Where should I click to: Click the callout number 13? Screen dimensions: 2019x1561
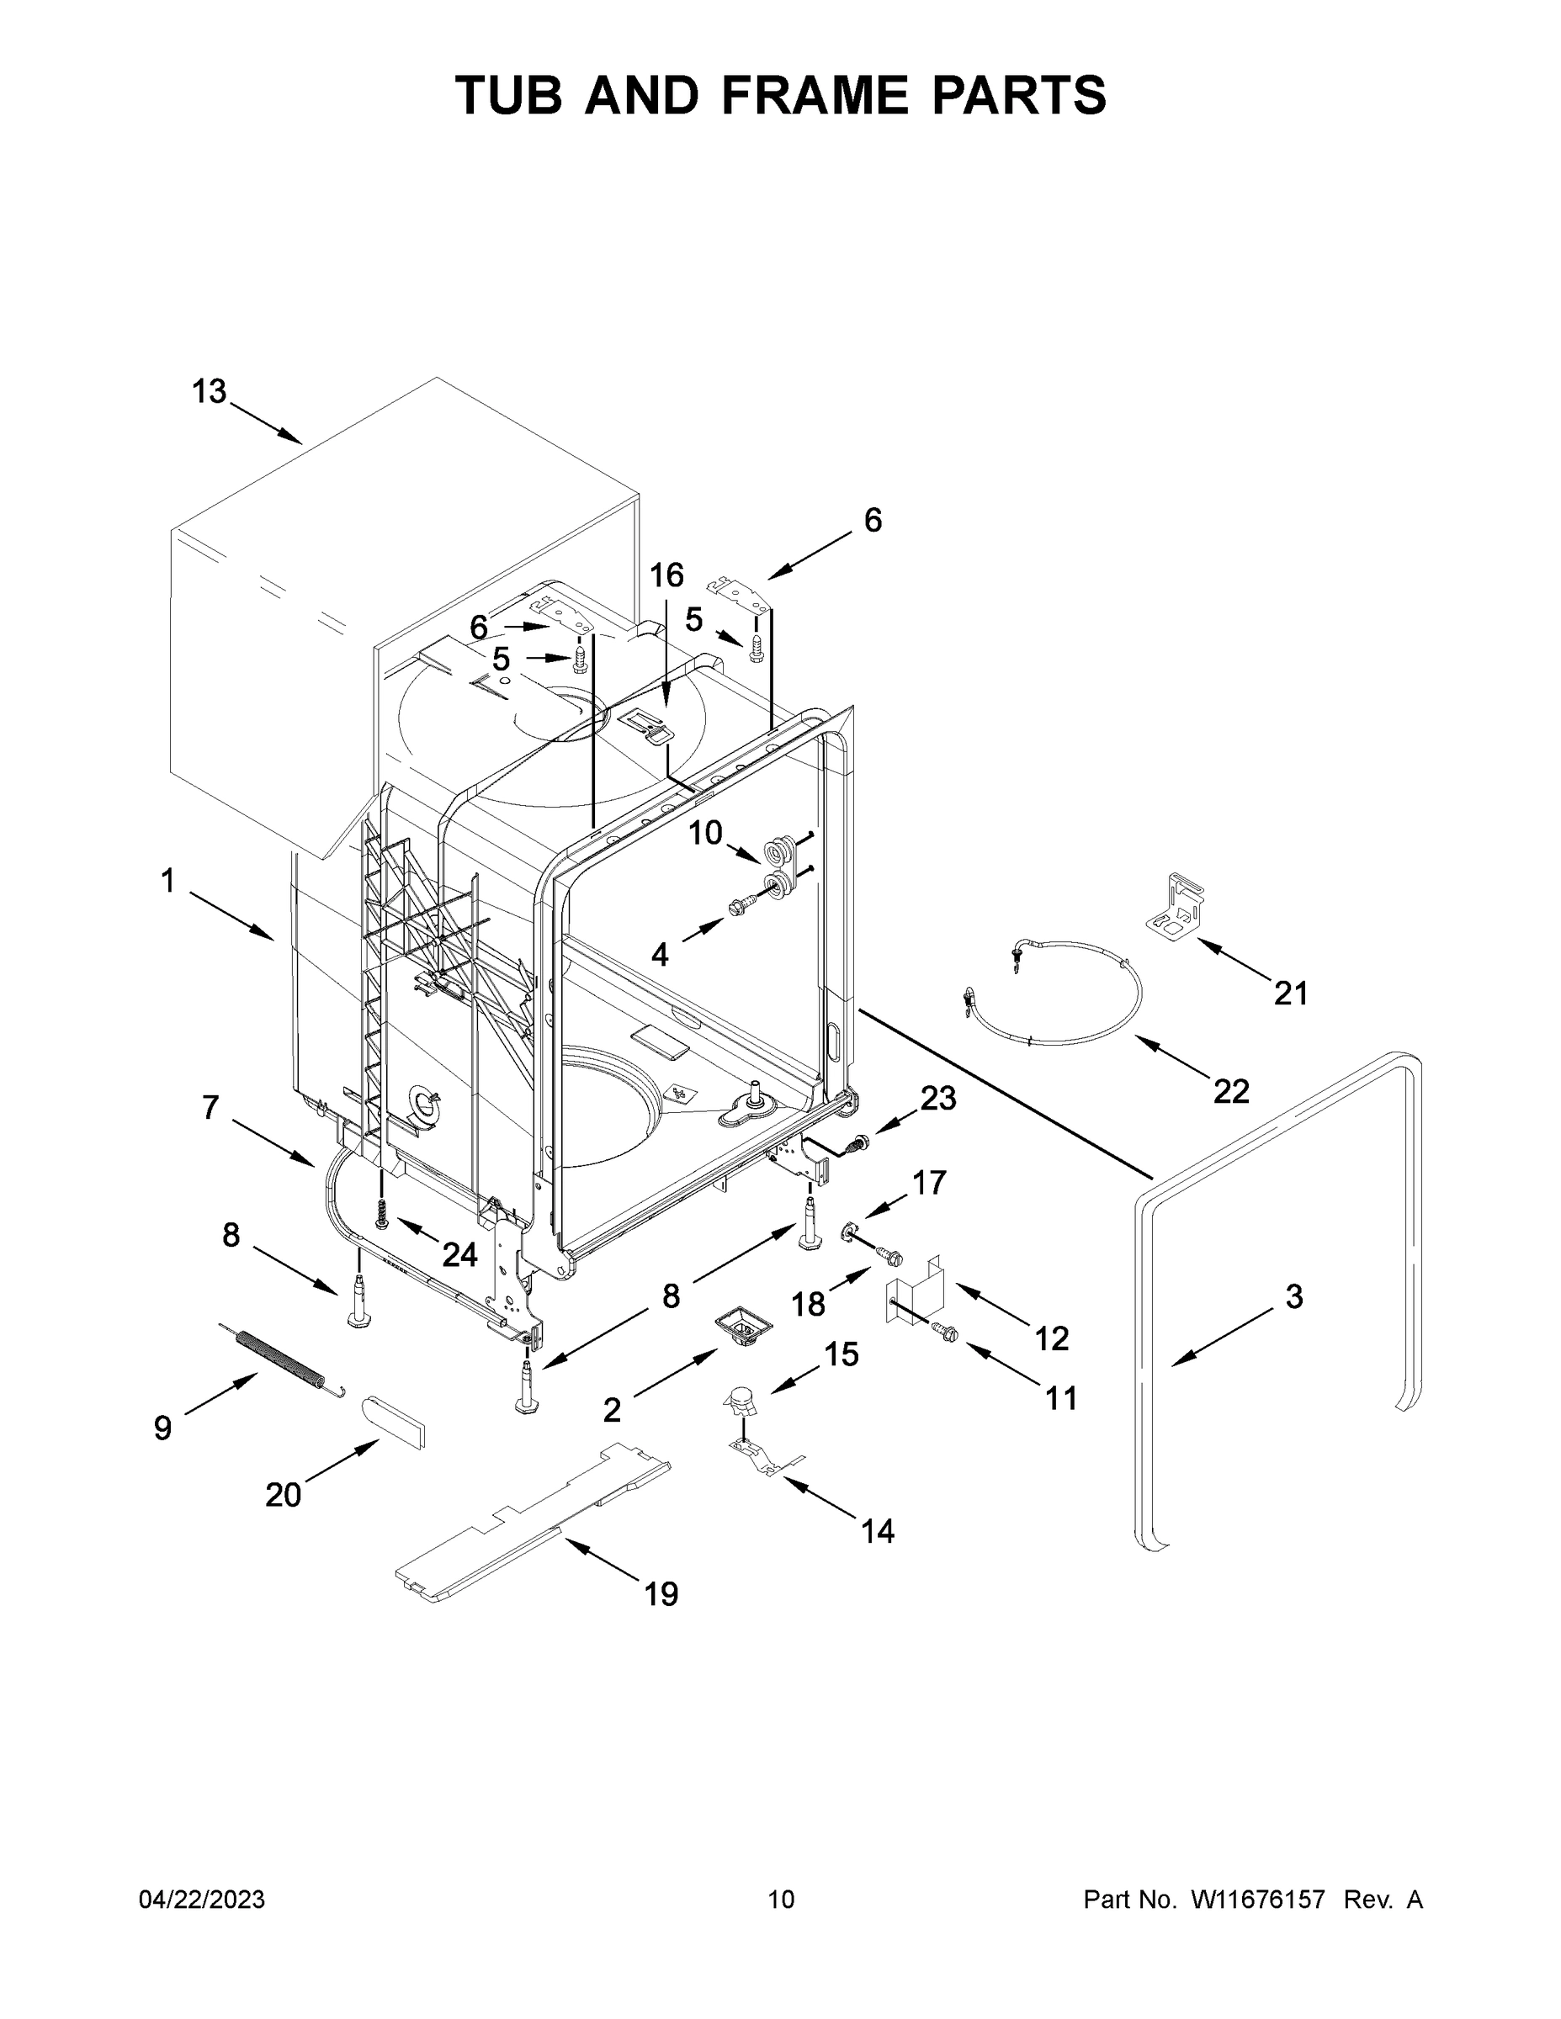coord(209,392)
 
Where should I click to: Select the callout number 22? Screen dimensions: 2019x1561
coord(1231,1091)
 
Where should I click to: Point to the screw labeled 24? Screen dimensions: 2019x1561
coord(382,1211)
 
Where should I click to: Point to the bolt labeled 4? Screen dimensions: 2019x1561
coord(741,907)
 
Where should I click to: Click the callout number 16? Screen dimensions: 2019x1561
coord(666,576)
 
